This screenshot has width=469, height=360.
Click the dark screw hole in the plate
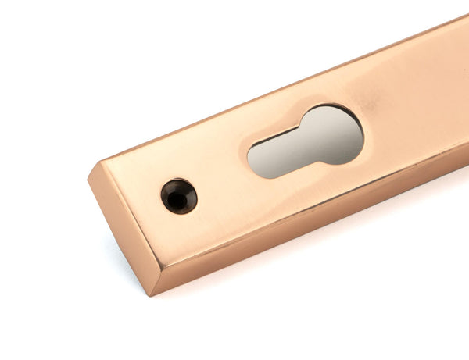[x=179, y=196]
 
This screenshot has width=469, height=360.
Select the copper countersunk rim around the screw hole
[x=188, y=190]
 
